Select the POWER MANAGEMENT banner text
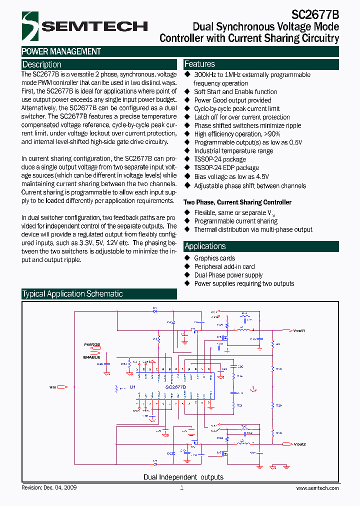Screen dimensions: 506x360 (61, 51)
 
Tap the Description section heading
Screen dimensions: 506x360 (42, 64)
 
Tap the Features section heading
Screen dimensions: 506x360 (199, 64)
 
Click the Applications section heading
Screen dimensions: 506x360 (205, 246)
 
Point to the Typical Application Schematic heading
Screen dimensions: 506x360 (72, 294)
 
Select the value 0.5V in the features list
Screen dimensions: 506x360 (293, 142)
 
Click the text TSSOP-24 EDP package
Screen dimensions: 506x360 (226, 168)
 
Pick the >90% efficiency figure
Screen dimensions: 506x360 (271, 134)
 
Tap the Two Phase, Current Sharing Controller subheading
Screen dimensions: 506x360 (237, 202)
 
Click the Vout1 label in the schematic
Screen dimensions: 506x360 (299, 330)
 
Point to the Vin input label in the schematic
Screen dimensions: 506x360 (53, 386)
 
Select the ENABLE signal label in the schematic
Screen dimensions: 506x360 (91, 357)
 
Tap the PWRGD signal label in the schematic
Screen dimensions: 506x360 (91, 345)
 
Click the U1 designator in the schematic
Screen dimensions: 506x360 (132, 387)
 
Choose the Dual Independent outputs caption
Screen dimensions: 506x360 (183, 477)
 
